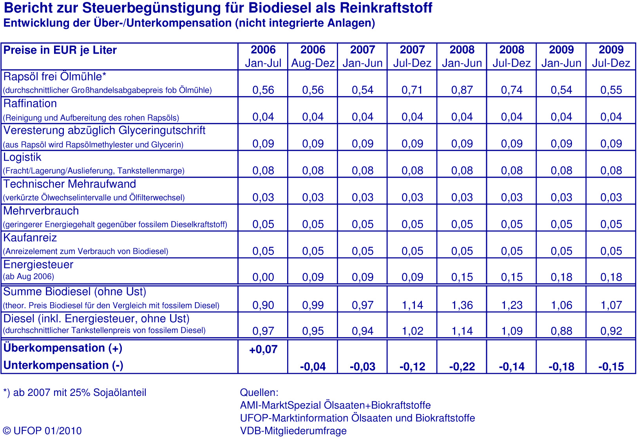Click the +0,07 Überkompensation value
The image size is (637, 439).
263,349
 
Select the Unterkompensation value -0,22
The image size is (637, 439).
462,367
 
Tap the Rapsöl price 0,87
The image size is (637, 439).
462,90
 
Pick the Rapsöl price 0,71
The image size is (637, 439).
412,90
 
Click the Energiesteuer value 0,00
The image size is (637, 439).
263,278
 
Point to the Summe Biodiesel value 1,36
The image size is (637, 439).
462,305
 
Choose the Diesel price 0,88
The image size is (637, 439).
561,331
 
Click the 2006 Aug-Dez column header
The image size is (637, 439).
313,56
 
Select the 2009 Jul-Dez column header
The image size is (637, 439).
611,56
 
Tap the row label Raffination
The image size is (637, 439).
30,103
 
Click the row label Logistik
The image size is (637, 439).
22,157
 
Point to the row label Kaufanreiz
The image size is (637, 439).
30,238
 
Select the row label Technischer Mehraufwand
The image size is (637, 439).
70,184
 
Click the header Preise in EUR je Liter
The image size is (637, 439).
60,50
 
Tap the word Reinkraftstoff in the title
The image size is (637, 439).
386,8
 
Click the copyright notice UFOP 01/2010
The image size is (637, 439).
42,431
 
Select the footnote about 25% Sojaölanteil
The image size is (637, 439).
74,393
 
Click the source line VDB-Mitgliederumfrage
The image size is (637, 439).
293,431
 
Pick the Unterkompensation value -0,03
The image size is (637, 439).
362,367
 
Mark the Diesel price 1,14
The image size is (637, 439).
462,331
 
